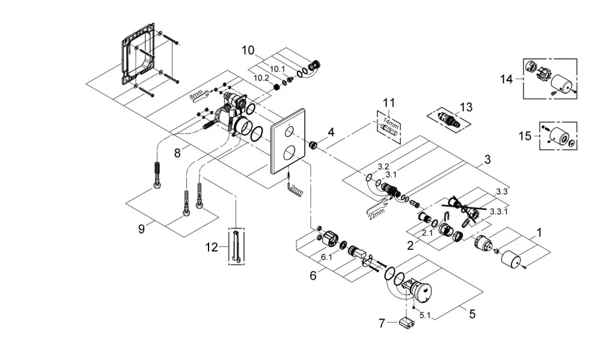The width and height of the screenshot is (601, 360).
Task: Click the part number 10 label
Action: (x=248, y=50)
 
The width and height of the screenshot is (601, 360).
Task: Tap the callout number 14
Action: (x=506, y=79)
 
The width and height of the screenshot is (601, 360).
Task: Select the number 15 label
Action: (x=525, y=136)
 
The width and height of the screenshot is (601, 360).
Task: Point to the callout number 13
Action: (x=466, y=107)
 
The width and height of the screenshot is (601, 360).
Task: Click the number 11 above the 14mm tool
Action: (x=389, y=103)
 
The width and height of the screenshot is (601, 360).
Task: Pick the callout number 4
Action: (x=331, y=133)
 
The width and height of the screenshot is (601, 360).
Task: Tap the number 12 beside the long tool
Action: (x=212, y=247)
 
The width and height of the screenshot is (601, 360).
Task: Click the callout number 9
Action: (x=141, y=229)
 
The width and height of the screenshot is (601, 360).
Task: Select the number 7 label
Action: (x=382, y=323)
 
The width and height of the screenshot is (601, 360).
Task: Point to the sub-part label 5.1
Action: (x=425, y=316)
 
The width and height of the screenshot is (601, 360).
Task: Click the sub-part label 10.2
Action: (x=261, y=78)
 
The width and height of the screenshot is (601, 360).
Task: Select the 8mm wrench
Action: (x=199, y=95)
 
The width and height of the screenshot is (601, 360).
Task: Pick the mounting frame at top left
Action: (x=138, y=53)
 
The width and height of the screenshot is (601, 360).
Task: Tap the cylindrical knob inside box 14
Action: (x=561, y=82)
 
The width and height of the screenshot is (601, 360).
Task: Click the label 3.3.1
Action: (x=499, y=211)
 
